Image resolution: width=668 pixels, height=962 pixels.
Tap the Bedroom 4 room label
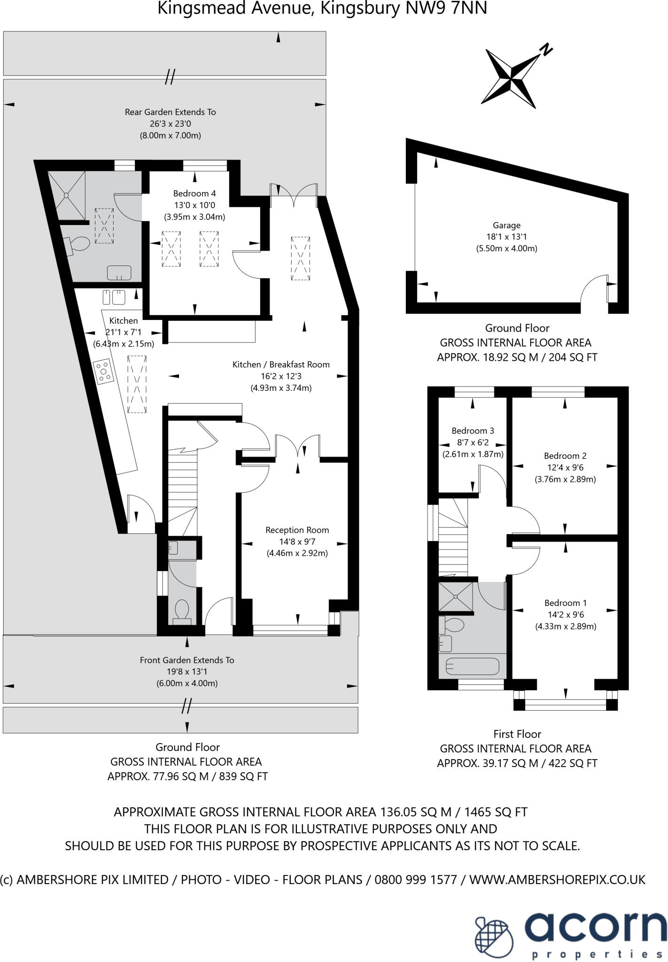pos(194,194)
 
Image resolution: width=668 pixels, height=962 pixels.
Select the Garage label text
pos(506,225)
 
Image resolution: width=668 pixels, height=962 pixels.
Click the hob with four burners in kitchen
pos(104,371)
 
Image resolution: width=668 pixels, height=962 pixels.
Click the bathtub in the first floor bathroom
pos(472,666)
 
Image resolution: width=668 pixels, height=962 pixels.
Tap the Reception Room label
pos(297,530)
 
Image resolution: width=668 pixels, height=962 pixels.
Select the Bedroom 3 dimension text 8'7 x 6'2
pos(473,442)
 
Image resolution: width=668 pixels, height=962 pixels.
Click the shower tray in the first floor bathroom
pos(456,597)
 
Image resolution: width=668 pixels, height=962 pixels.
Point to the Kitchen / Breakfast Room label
pos(281,365)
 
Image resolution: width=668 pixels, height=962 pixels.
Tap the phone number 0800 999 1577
pos(416,879)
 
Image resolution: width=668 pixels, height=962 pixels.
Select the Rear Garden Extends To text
pos(170,112)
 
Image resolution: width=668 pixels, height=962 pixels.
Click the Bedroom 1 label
pos(566,603)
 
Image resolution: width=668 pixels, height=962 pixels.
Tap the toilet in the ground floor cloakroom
pos(181,611)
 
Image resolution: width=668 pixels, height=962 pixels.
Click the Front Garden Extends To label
pos(186,660)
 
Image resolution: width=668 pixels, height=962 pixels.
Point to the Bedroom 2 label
pos(565,456)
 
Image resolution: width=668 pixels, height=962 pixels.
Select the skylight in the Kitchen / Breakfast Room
pos(300,258)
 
